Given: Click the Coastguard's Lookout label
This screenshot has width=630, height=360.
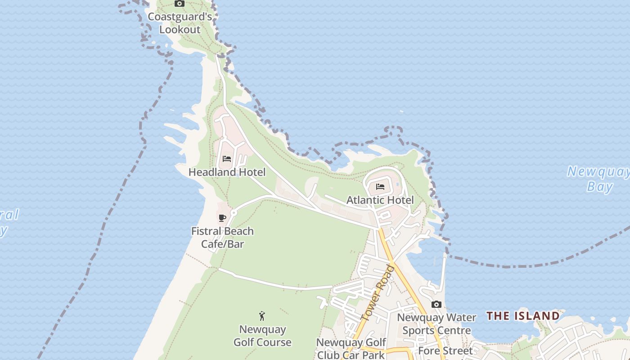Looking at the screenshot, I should [180, 23].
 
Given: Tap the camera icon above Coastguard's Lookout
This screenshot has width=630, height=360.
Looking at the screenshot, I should [180, 4].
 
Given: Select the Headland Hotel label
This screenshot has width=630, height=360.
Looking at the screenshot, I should [227, 172].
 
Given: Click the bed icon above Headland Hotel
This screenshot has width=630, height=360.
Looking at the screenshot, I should [227, 159].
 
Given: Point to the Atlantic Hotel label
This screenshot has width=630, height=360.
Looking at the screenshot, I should [380, 200].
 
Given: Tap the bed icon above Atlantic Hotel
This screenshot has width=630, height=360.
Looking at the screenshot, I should [380, 187].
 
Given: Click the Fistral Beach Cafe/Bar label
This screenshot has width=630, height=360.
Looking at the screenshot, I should [222, 238].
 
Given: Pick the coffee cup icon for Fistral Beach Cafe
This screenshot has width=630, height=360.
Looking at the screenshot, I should [222, 218].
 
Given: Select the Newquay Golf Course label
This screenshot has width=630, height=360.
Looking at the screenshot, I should [262, 336].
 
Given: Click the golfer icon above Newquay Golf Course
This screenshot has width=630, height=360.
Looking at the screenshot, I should [262, 316].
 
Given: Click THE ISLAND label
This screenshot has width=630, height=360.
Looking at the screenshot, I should [523, 316].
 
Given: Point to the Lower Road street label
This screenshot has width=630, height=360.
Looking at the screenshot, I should [378, 293].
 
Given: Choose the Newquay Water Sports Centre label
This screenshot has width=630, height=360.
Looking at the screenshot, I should [436, 324].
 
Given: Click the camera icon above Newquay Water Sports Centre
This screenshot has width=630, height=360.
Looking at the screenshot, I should [436, 305].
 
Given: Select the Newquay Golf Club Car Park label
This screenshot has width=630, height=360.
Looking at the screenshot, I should [351, 348].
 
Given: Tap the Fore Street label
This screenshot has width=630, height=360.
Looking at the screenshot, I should [445, 351].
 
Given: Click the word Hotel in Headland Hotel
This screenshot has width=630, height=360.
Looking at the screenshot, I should [249, 172].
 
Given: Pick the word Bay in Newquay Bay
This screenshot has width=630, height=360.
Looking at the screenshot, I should [599, 186].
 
